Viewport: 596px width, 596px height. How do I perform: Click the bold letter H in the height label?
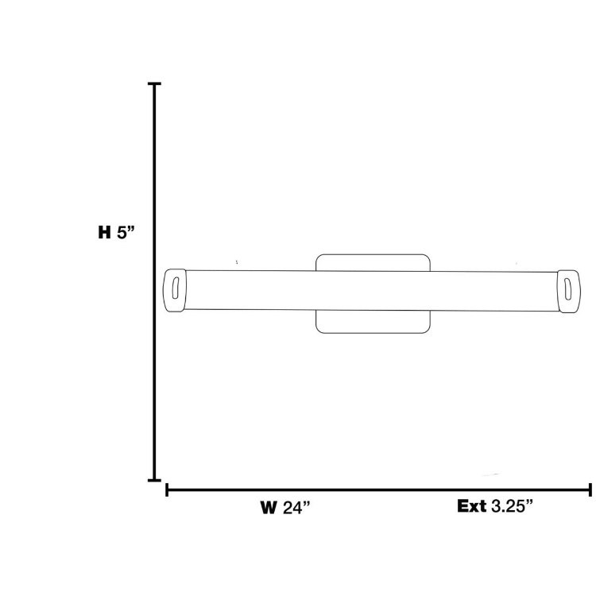click(x=103, y=233)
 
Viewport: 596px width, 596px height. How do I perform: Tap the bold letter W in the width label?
click(x=268, y=507)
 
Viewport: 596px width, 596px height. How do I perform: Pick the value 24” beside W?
click(x=296, y=507)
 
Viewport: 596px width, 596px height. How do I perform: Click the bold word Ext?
click(x=471, y=505)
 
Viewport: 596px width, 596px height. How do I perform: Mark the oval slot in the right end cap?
click(x=569, y=287)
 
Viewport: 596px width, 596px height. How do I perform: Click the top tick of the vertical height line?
click(x=154, y=83)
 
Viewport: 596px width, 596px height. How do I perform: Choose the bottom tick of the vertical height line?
click(x=154, y=480)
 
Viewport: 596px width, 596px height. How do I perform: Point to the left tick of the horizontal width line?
click(x=167, y=490)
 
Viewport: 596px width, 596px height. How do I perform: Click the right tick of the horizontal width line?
click(x=590, y=490)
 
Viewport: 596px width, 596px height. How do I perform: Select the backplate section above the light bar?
click(x=373, y=263)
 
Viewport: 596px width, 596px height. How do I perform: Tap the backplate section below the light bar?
click(x=373, y=321)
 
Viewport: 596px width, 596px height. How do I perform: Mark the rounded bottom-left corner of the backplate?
click(x=319, y=329)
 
